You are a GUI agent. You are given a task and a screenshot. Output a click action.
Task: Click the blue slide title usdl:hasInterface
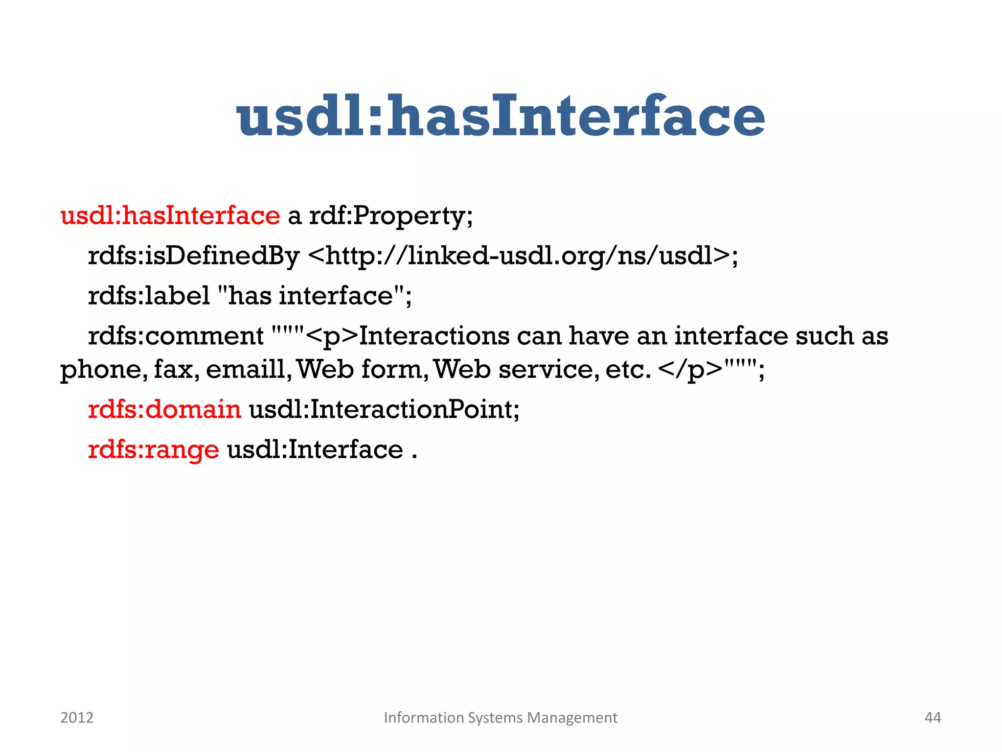pos(501,116)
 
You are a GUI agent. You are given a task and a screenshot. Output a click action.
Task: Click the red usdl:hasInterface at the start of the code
pos(170,215)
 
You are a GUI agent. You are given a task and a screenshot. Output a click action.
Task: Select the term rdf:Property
pos(390,215)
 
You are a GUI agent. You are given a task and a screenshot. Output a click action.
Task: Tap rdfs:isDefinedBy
pos(193,256)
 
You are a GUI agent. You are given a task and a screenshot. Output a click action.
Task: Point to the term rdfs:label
pos(149,296)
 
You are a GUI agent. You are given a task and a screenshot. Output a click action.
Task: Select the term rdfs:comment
pos(176,336)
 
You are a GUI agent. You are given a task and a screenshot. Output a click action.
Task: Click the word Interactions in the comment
pos(434,336)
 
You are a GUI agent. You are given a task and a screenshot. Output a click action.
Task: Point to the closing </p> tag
pos(690,370)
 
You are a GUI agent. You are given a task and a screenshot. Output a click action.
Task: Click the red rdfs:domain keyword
pos(164,409)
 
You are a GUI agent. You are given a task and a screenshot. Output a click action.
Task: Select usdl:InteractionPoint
pos(384,409)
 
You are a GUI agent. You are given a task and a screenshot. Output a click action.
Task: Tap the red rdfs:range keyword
pos(154,449)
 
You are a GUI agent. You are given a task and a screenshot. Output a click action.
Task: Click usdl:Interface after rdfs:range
pos(315,449)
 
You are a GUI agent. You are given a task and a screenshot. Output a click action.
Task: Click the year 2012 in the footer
pos(77,718)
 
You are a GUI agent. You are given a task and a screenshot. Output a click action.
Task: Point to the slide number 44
pos(933,718)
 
